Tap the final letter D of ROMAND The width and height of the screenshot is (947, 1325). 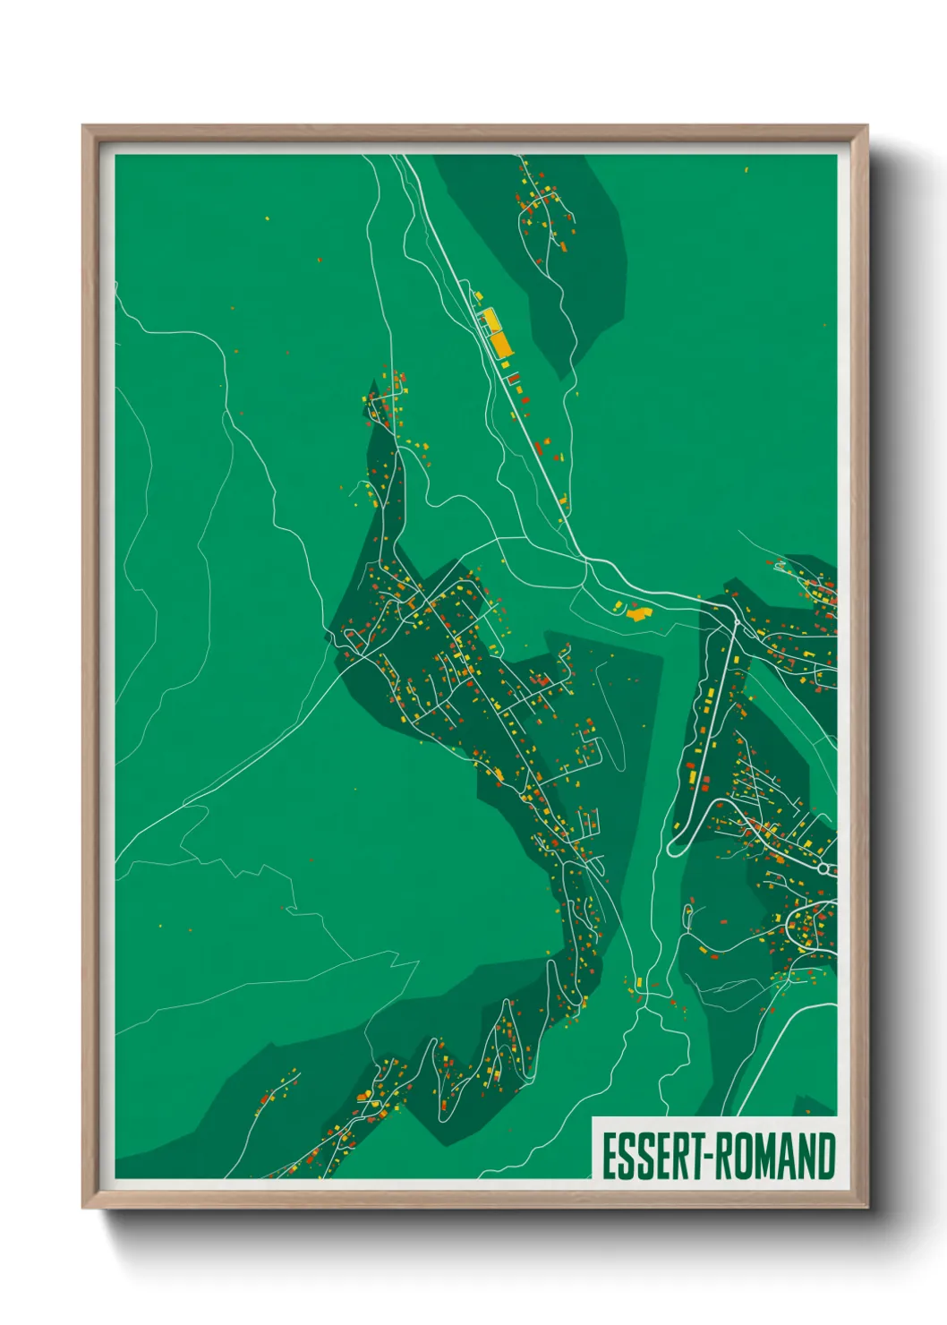coord(826,1157)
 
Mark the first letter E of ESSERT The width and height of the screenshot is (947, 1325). coord(610,1157)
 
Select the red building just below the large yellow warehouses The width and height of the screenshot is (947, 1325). coord(514,378)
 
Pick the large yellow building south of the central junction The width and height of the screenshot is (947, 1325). coord(638,614)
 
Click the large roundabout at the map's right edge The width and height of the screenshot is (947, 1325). coord(823,868)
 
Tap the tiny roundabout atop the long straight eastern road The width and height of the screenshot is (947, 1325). coord(736,621)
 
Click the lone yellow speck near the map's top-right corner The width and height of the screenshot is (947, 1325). coord(747,168)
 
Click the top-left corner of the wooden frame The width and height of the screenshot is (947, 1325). coord(83,126)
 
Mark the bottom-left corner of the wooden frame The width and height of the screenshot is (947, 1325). coord(83,1208)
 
